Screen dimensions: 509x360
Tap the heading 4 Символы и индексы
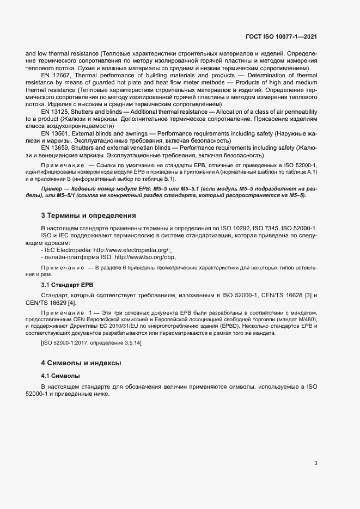point(81,363)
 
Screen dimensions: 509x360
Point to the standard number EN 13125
point(55,111)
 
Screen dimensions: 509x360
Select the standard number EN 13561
point(55,132)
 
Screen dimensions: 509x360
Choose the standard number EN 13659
point(55,147)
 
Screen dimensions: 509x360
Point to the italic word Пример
point(52,188)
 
